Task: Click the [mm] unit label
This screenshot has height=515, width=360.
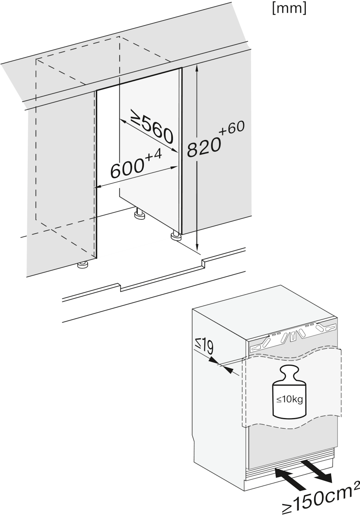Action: pyautogui.click(x=289, y=9)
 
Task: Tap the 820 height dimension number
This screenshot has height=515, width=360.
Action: pyautogui.click(x=203, y=148)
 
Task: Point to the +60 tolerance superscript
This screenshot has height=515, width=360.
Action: pyautogui.click(x=232, y=128)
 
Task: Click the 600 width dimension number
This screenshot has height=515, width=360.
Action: pyautogui.click(x=127, y=169)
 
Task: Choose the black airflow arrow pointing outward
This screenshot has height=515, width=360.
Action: pyautogui.click(x=317, y=471)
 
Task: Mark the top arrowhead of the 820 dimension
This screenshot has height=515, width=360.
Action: pyautogui.click(x=197, y=68)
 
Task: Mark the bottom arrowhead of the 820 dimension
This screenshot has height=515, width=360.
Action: pyautogui.click(x=197, y=248)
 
